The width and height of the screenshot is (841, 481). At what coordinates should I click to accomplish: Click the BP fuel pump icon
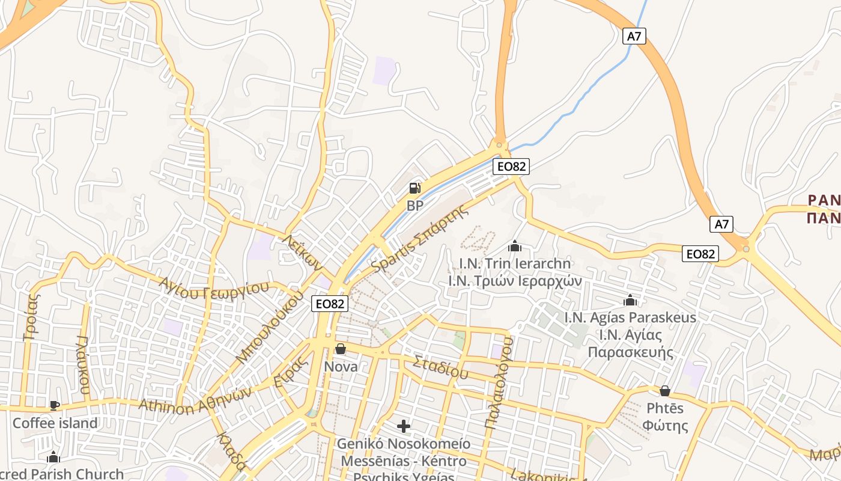point(414,188)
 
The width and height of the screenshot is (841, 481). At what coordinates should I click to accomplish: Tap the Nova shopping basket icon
point(341,349)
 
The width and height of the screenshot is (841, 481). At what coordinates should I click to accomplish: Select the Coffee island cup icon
point(55,406)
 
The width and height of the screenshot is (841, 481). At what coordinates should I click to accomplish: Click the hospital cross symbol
point(404,427)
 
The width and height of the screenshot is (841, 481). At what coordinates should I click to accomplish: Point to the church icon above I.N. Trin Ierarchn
point(515,246)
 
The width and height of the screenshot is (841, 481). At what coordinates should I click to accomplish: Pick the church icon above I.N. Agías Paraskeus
point(630,300)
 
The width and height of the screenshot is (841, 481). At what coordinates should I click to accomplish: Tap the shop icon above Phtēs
point(665,391)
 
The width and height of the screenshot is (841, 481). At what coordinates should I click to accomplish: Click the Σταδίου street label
point(440,366)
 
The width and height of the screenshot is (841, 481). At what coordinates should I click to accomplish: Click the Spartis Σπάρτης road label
point(419,239)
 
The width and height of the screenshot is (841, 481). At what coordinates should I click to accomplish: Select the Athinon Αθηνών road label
point(195,400)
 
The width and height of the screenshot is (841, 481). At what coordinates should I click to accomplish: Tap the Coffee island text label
point(55,423)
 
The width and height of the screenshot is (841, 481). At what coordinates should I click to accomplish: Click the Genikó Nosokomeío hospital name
point(404,444)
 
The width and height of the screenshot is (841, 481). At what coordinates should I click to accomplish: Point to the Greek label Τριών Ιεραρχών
point(515,280)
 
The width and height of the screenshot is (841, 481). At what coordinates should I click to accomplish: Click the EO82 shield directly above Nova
point(330,304)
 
